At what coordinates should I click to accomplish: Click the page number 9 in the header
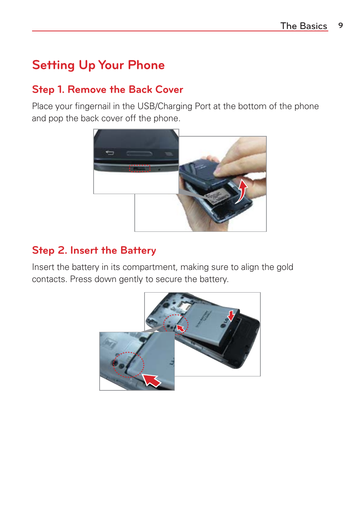coord(340,25)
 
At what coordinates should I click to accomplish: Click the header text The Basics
coord(303,26)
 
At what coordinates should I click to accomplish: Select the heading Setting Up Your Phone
coord(98,65)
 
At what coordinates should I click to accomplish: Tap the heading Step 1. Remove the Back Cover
coord(108,89)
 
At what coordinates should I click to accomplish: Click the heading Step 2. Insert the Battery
coord(94,250)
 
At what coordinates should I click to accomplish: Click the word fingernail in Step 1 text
coord(92,106)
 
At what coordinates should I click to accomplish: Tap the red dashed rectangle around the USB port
coord(140,168)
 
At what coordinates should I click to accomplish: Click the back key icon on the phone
coord(109,153)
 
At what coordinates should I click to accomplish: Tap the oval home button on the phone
coord(139,153)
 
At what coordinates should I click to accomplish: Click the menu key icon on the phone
coord(168,154)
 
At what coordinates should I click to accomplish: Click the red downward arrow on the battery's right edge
coord(231,315)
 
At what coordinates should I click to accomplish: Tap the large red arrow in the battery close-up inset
coord(152,380)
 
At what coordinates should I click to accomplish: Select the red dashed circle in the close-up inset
coord(129,365)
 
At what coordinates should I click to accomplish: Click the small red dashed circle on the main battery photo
coord(175,324)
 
